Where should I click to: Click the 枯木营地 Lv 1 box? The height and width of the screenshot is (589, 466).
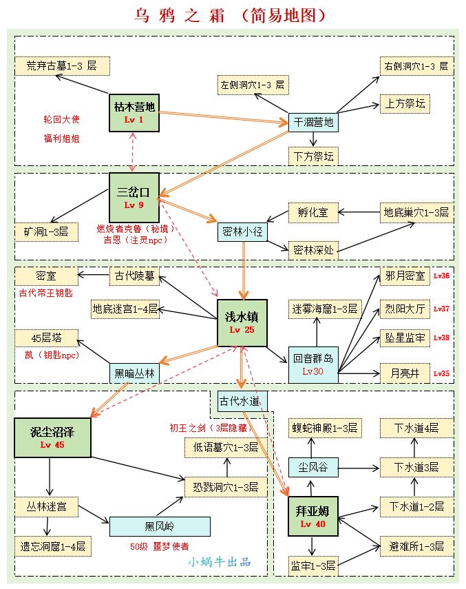(x=134, y=112)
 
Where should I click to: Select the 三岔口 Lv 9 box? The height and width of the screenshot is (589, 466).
(x=134, y=197)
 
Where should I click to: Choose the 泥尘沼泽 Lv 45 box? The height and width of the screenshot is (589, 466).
(x=52, y=437)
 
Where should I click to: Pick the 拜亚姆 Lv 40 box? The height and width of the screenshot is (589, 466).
(x=313, y=516)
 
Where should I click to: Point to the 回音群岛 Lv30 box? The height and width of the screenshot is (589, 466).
(x=313, y=364)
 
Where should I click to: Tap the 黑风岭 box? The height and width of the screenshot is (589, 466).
(x=160, y=527)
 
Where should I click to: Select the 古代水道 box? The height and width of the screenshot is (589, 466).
(x=238, y=401)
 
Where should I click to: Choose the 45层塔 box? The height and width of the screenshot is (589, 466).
(x=46, y=338)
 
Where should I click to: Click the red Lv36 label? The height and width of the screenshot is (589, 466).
(x=441, y=276)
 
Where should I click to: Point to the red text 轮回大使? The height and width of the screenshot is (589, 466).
(x=62, y=120)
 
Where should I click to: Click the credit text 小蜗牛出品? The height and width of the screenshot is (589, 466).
(x=220, y=561)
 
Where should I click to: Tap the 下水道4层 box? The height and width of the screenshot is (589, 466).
(x=416, y=428)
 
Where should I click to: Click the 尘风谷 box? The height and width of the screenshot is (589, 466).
(x=313, y=468)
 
